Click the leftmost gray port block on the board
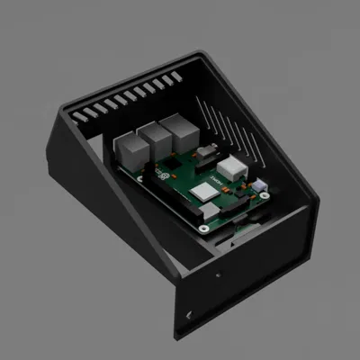130,148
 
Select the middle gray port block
152,140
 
